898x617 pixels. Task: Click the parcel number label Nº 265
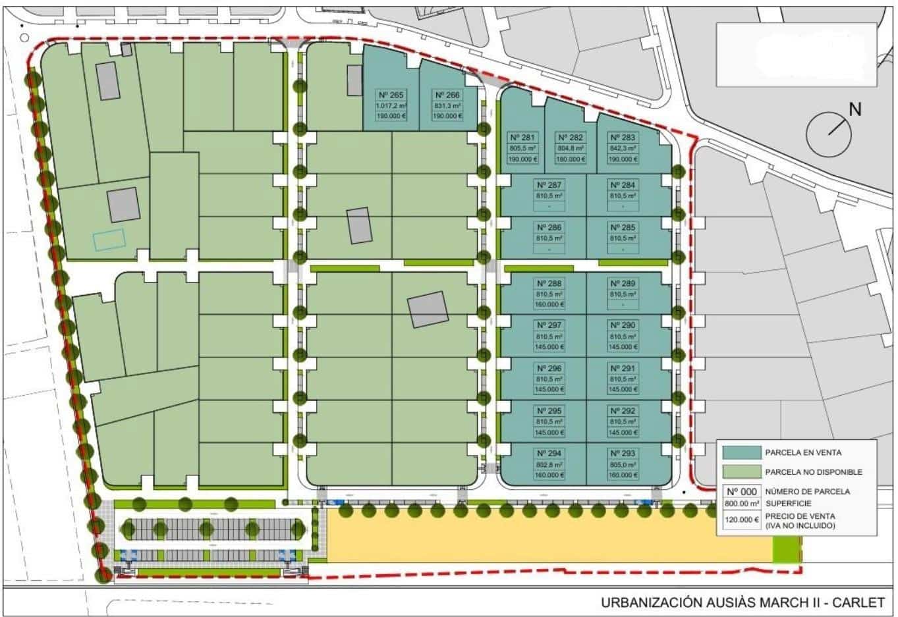tap(391, 95)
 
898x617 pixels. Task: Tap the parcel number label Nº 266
tap(447, 95)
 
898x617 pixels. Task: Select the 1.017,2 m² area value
tap(391, 105)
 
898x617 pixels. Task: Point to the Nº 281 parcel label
tap(524, 138)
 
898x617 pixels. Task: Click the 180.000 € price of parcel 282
tap(571, 159)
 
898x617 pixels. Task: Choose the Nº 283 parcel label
tap(623, 138)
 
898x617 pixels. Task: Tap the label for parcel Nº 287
tap(549, 185)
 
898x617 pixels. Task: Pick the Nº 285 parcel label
tap(623, 227)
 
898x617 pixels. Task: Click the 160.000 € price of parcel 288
tap(549, 305)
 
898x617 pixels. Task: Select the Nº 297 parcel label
tap(549, 325)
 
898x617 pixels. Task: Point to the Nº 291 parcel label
tap(623, 368)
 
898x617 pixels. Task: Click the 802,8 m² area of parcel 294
tap(549, 464)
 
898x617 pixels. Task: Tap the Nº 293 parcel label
tap(623, 454)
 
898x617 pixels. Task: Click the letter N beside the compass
tap(855, 110)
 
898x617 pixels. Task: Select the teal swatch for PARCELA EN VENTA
tap(741, 453)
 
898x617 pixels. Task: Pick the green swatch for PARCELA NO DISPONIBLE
tap(741, 472)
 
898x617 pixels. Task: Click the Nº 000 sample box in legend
tap(741, 491)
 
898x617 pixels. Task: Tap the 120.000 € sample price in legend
tap(741, 520)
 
